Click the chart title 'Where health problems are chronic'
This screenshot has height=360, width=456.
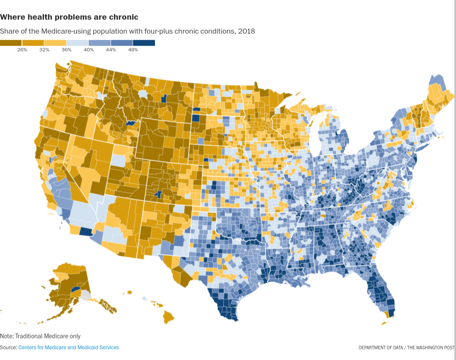tap(69, 17)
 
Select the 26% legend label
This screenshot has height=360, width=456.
tap(22, 50)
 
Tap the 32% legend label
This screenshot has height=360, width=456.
tap(44, 50)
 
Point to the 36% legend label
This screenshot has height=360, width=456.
tap(66, 50)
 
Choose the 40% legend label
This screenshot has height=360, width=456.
tap(89, 50)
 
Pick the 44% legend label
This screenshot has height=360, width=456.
tap(111, 50)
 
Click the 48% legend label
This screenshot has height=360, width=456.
tap(133, 50)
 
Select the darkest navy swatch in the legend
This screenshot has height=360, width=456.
tap(144, 43)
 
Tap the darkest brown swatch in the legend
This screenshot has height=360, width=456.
tap(11, 43)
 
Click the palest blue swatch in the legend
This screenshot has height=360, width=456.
tap(78, 43)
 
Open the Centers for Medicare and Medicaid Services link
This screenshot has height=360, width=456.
tap(68, 347)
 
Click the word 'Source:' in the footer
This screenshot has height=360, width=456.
tap(8, 347)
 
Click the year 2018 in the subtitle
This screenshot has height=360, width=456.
tap(247, 31)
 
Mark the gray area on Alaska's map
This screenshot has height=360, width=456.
tap(86, 295)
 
